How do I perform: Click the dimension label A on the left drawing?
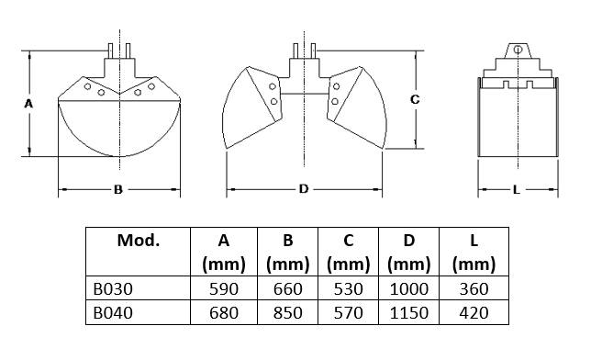(28, 104)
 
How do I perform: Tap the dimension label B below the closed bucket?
(118, 189)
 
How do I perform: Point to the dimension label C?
(415, 99)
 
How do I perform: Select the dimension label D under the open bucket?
(304, 189)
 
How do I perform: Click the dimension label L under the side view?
(517, 189)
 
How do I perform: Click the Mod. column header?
(139, 241)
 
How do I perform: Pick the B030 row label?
(113, 289)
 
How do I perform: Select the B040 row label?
(113, 313)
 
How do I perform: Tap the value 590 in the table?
(224, 289)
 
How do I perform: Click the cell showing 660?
(288, 289)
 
